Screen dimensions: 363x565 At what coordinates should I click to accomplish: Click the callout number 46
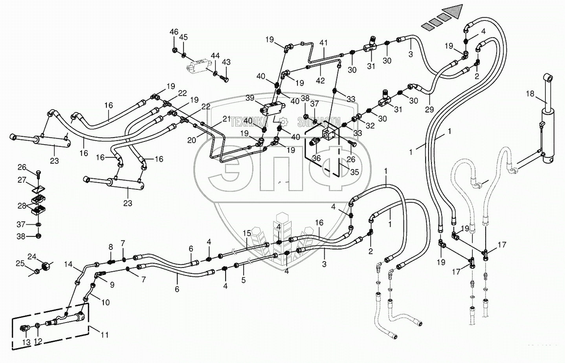click(174, 32)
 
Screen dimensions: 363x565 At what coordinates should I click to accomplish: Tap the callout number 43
click(226, 62)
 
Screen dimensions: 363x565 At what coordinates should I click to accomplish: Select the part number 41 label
click(323, 42)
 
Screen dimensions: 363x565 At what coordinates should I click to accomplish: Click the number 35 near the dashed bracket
click(354, 172)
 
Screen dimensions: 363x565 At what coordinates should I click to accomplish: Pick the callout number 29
click(429, 110)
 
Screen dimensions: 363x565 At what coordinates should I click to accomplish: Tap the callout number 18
click(530, 93)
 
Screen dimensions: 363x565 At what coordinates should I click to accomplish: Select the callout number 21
click(227, 119)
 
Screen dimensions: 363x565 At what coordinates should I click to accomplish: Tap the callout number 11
click(104, 335)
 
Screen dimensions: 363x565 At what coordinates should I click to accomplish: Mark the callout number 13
click(26, 343)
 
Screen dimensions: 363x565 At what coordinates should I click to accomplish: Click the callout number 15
click(246, 233)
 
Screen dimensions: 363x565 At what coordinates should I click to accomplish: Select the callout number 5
click(243, 280)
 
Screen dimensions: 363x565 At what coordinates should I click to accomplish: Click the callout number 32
click(369, 126)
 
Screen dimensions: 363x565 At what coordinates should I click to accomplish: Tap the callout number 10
click(105, 302)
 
